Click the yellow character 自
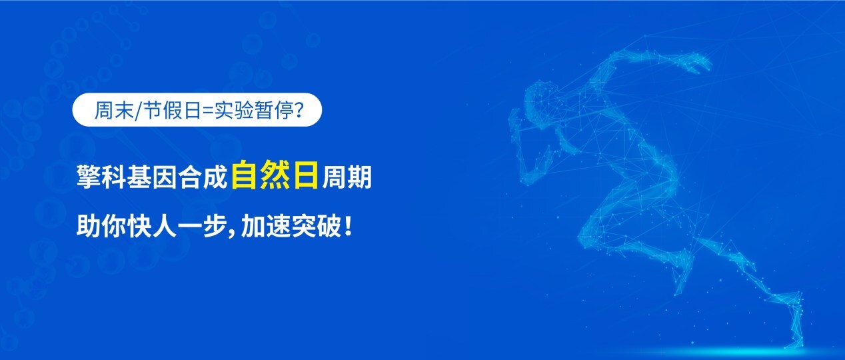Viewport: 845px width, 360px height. [x=245, y=178]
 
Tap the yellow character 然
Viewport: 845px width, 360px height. [x=274, y=178]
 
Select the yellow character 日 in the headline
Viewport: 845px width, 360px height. [x=305, y=178]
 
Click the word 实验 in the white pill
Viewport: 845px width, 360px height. [x=229, y=110]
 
